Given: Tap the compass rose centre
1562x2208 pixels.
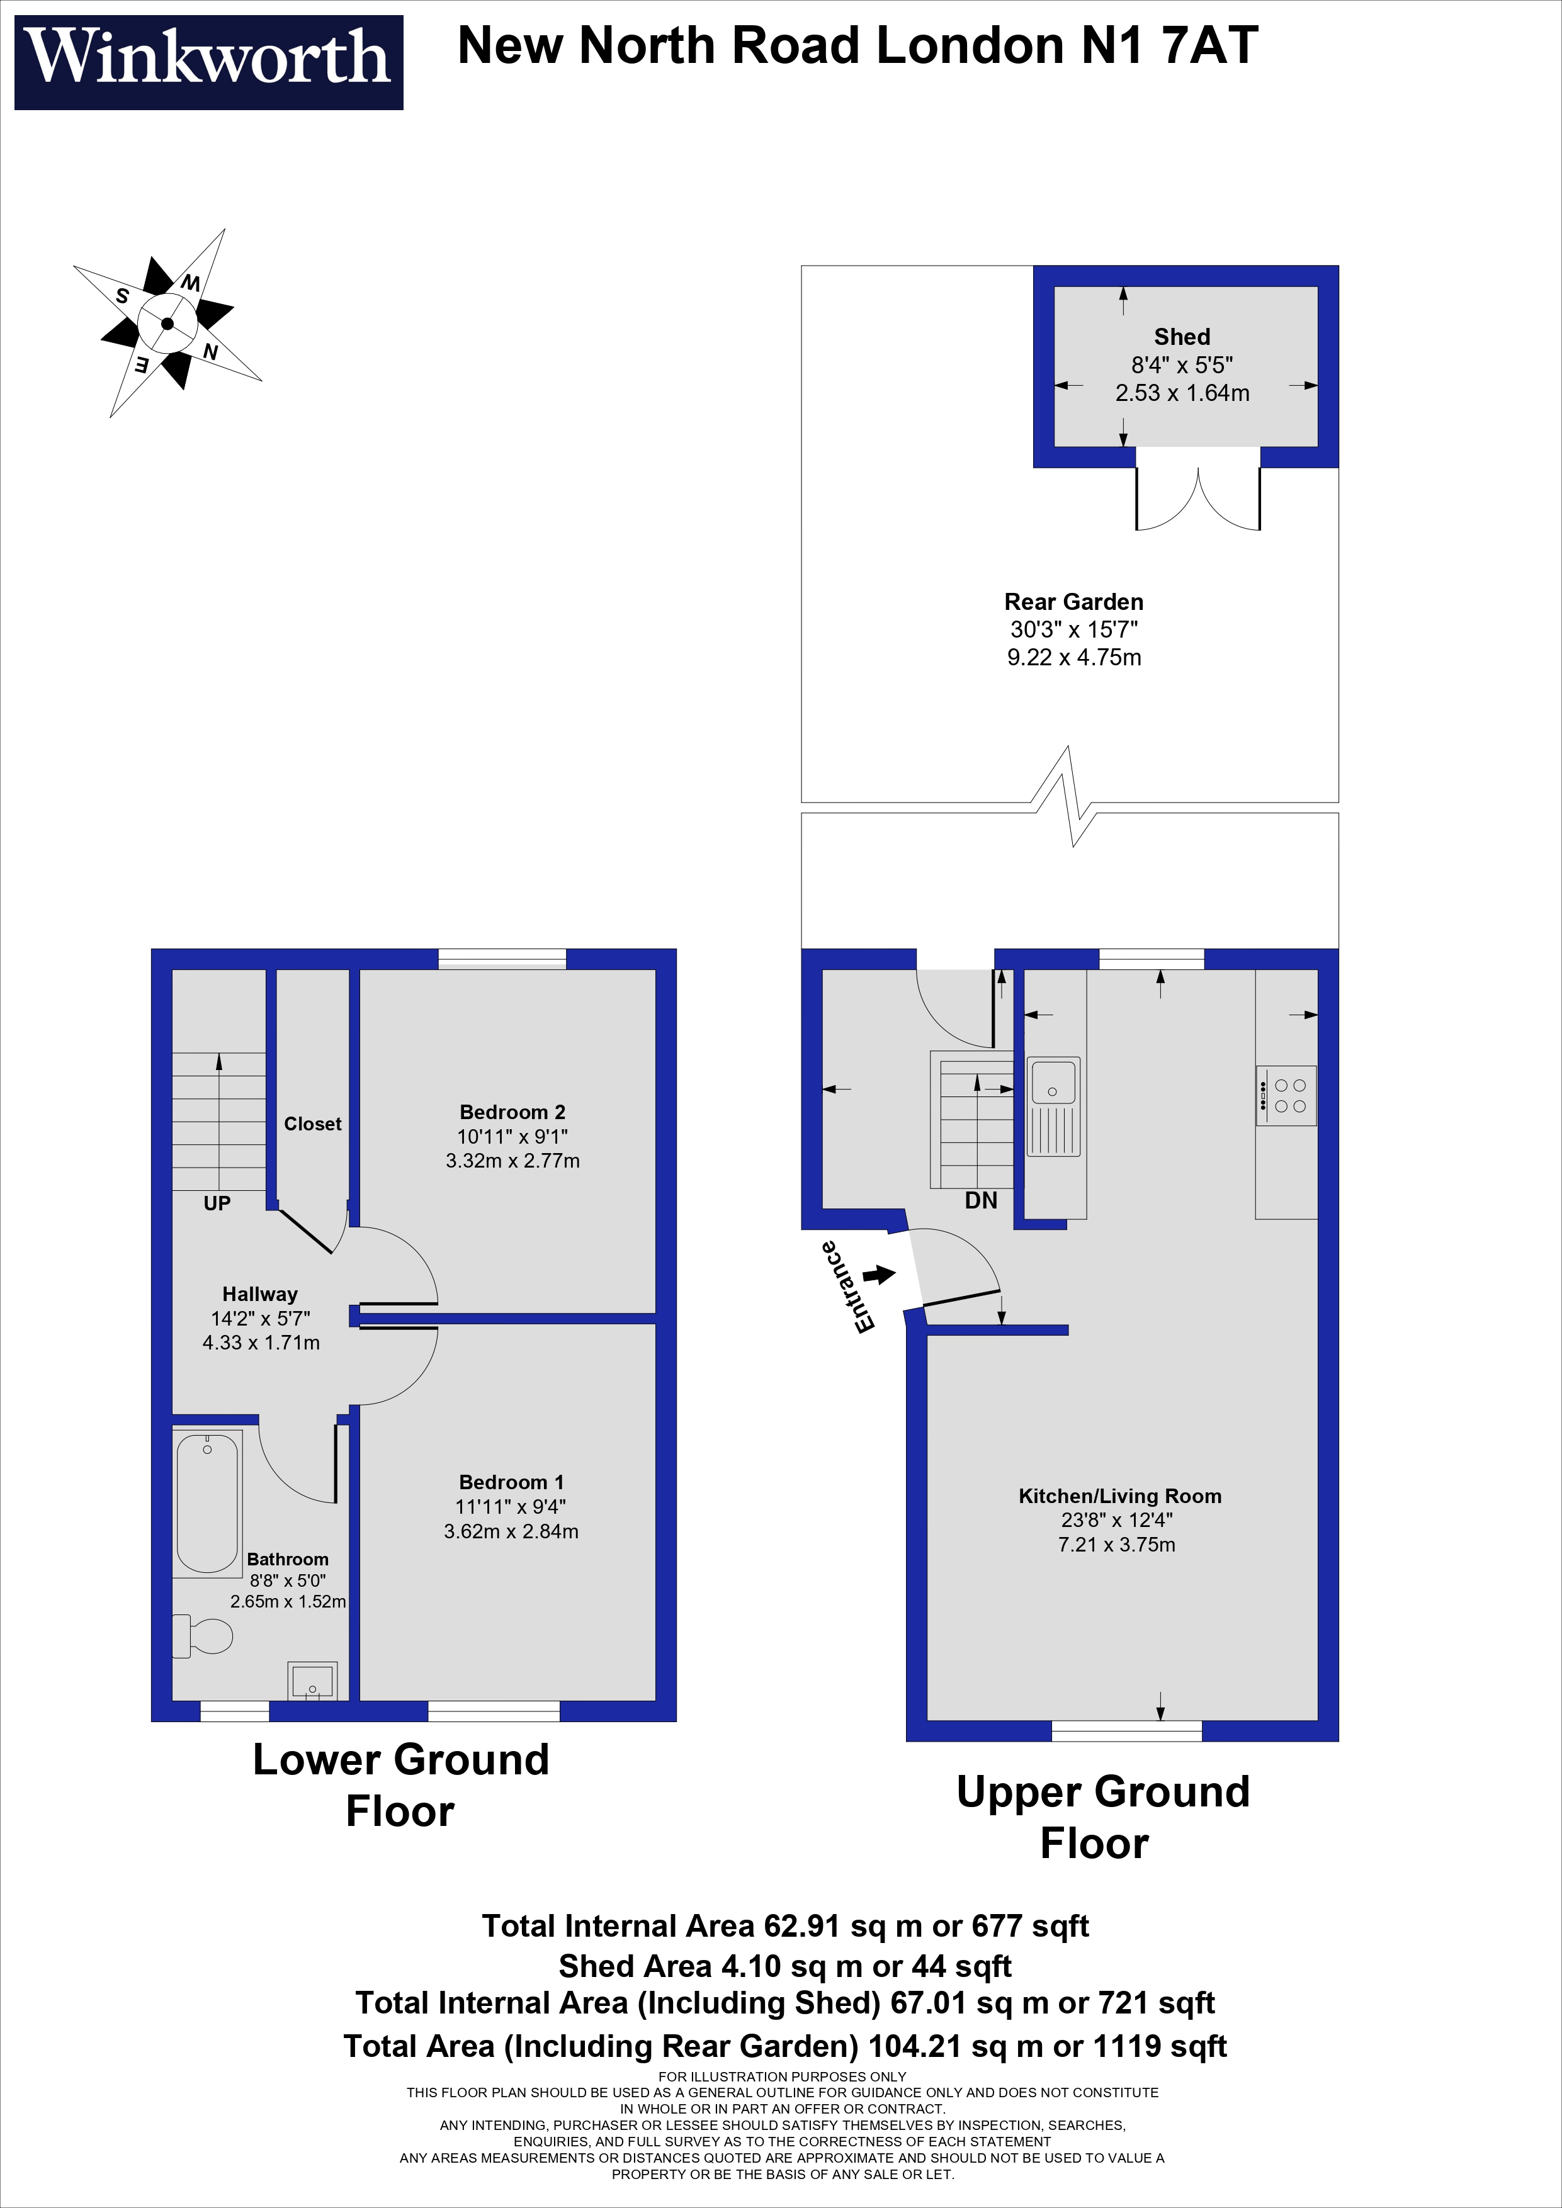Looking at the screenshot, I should pos(167,324).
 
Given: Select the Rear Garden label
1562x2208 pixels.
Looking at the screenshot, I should pos(1073,602).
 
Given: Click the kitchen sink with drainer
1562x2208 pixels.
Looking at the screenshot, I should pos(1053,1106).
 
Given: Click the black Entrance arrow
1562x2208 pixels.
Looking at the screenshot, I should pos(879,1275).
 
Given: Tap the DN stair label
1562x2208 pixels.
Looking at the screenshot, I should pos(981,1200).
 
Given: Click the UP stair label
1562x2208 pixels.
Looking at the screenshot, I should pos(217,1203).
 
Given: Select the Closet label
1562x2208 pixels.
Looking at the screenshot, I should pos(313,1124).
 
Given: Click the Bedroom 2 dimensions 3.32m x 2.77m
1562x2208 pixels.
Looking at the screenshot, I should pos(512,1161).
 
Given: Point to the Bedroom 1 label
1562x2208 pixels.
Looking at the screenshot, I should pos(511,1482).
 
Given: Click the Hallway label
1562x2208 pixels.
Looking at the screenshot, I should pos(259,1293).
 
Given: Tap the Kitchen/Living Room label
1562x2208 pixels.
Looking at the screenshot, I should pos(1119,1495).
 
